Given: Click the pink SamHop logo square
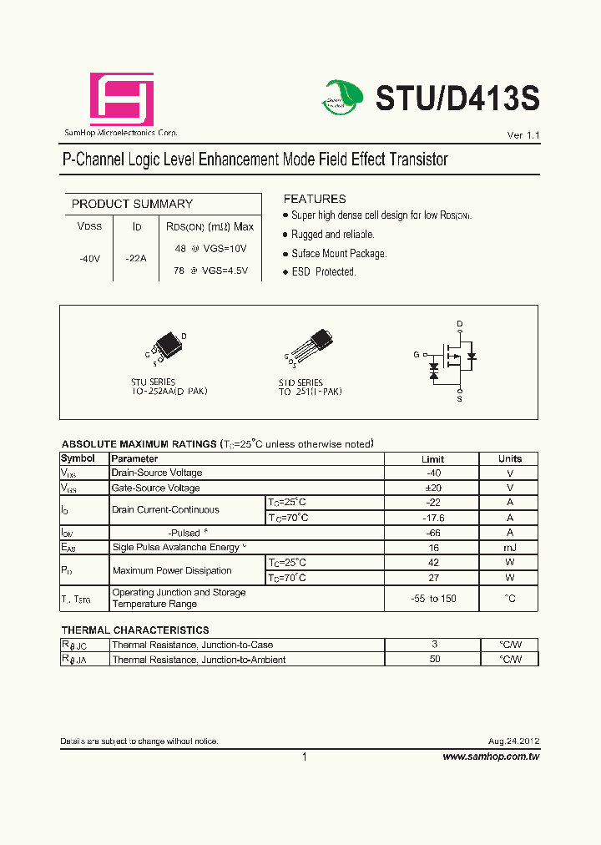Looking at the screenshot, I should click(122, 99).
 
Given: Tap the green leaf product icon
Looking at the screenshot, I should click(342, 98).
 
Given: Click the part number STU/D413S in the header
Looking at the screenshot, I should click(457, 99).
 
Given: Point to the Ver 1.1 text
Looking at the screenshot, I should click(523, 135).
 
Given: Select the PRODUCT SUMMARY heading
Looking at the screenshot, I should click(132, 204).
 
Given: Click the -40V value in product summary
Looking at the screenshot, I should click(89, 259).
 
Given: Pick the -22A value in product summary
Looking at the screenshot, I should click(135, 259).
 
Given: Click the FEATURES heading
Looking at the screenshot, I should click(315, 199).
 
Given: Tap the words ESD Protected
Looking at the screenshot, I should click(324, 271).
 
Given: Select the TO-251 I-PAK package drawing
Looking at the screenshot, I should click(315, 346).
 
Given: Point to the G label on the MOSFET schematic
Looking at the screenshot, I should click(416, 355).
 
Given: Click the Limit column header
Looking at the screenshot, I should click(432, 458).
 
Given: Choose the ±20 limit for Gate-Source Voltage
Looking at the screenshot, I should click(432, 488).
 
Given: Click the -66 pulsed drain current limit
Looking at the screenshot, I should click(432, 533).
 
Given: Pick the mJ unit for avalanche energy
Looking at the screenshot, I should click(509, 548).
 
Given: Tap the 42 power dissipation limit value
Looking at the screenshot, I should click(432, 563).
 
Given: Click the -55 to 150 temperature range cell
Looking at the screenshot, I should click(432, 599).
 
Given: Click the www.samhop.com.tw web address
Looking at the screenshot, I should click(490, 756).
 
